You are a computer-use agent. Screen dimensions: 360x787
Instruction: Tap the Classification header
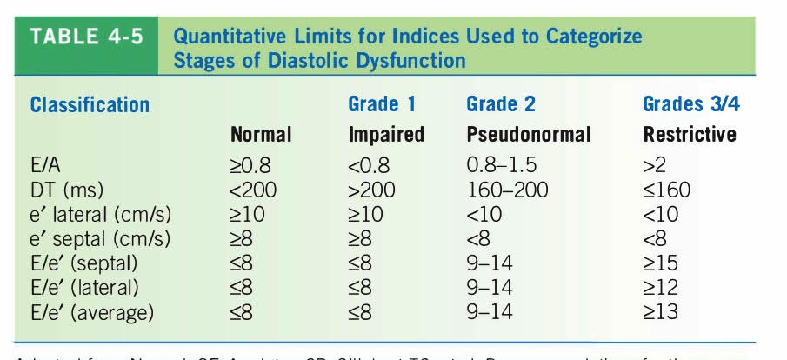90,105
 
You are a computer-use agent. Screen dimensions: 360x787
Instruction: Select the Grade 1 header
382,105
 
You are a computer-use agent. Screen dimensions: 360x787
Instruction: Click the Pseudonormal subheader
528,135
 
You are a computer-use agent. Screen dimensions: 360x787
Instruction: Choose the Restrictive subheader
690,135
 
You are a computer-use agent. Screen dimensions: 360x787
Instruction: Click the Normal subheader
261,135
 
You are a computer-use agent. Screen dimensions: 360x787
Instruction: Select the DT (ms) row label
63,190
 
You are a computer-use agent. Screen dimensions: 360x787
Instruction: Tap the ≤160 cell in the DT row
667,190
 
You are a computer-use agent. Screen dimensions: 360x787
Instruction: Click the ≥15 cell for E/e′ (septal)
661,263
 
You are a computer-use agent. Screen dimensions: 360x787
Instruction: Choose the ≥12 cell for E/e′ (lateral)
661,287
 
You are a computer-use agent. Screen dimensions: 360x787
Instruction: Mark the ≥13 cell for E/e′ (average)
661,311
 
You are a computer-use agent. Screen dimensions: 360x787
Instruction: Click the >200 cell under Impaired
371,190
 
